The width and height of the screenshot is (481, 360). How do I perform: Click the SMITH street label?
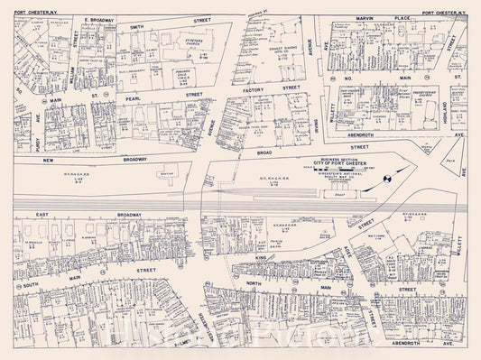(x=137, y=27)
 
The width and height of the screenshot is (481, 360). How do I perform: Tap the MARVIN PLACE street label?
(x=373, y=14)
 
